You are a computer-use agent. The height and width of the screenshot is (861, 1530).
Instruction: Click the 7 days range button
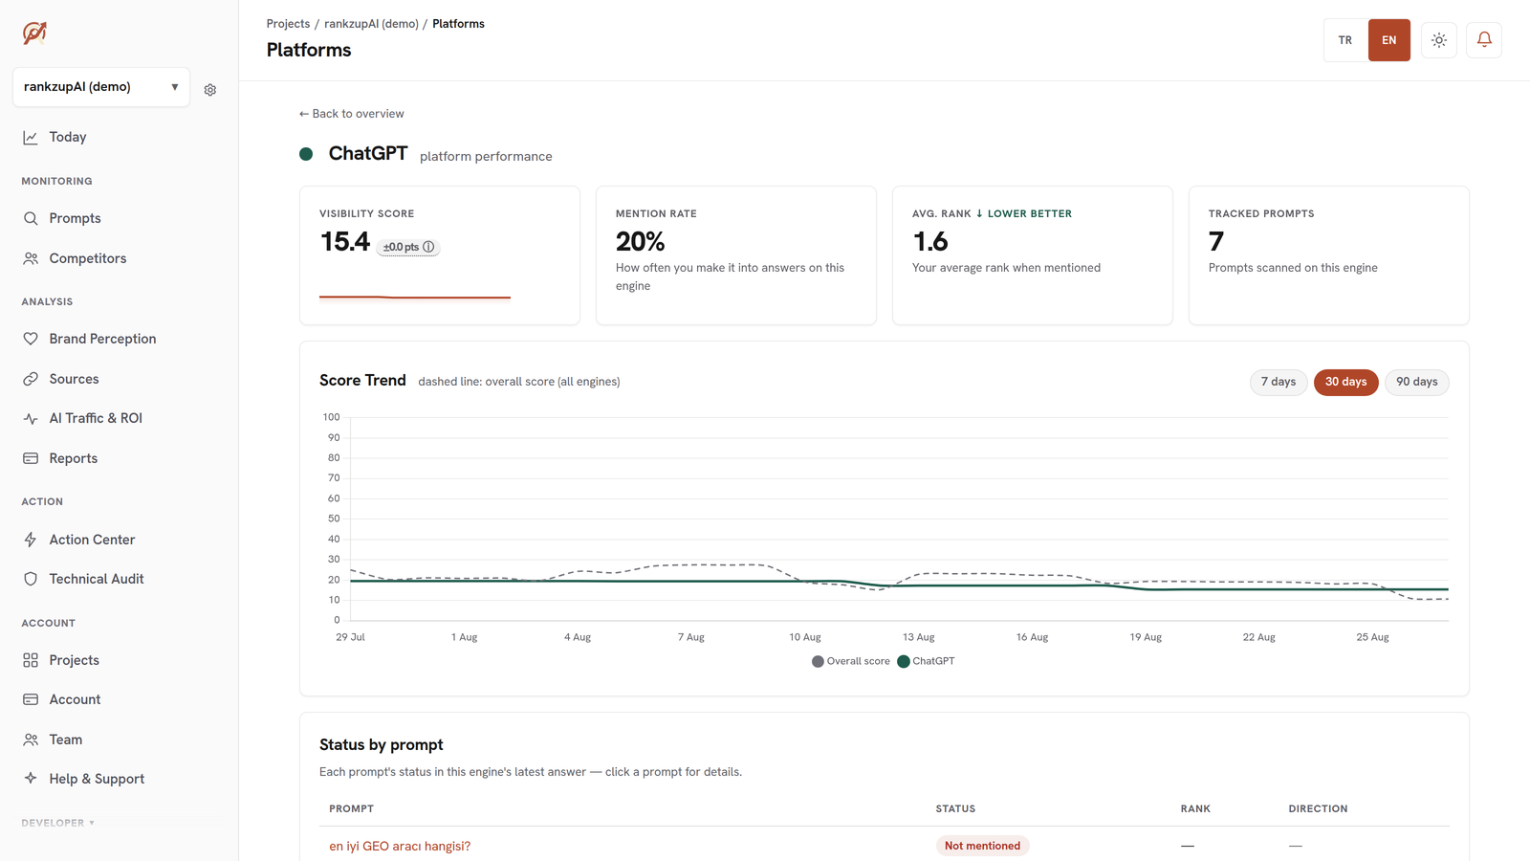point(1278,382)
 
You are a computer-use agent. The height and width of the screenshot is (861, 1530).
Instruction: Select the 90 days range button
point(1416,382)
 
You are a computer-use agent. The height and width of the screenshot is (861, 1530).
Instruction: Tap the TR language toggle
point(1344,40)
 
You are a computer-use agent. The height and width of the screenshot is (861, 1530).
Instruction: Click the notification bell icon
point(1484,39)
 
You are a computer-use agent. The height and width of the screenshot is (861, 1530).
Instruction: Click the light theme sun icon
point(1439,40)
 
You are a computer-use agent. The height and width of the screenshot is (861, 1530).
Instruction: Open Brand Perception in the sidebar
point(102,339)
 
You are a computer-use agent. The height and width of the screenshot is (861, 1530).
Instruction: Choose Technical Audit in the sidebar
point(97,579)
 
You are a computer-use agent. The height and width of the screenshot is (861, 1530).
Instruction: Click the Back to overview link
point(351,114)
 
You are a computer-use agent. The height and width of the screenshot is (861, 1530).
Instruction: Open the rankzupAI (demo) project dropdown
point(101,87)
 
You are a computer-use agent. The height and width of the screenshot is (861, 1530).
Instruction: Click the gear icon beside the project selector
point(209,90)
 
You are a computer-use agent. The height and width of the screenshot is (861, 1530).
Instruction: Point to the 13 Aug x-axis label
point(918,637)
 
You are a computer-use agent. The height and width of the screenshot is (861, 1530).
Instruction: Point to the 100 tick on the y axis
point(331,417)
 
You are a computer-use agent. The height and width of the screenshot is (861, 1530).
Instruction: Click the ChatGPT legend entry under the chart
point(926,661)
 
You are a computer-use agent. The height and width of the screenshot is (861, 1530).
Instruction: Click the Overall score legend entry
point(850,661)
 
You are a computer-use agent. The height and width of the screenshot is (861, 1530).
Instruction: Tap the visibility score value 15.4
point(345,241)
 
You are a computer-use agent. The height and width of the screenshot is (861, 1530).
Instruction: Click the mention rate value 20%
point(640,241)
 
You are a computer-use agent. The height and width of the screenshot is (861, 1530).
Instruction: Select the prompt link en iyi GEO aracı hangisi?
point(400,846)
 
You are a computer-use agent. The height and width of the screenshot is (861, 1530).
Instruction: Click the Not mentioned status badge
point(982,846)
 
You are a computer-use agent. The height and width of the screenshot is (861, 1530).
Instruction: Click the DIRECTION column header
point(1319,808)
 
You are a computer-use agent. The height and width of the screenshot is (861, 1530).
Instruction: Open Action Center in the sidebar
point(92,540)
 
